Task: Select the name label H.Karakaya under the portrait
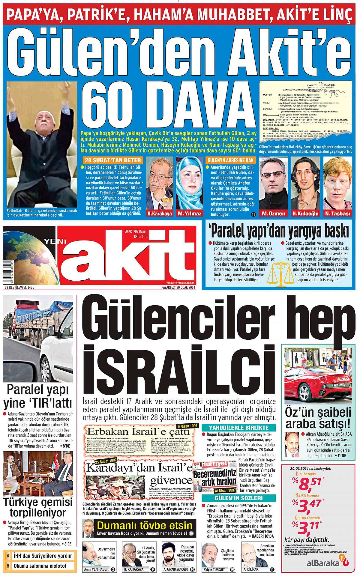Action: (160, 213)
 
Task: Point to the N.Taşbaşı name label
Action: (337, 213)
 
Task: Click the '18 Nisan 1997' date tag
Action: (225, 491)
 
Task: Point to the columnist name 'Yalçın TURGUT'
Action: (214, 569)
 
